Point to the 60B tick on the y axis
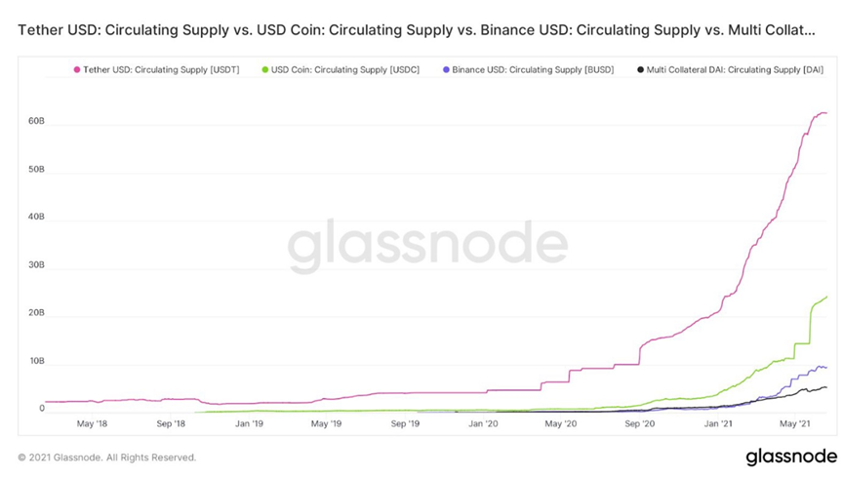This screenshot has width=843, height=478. coord(36,123)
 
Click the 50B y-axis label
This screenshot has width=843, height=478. coord(36,171)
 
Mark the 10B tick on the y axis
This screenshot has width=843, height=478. coord(36,362)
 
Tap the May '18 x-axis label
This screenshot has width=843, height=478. coord(92,424)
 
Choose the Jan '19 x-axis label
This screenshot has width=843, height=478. coord(250,424)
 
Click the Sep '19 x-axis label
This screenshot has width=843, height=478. coord(405,424)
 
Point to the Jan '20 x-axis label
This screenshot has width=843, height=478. coord(483,424)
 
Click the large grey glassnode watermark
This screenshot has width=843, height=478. coord(426,247)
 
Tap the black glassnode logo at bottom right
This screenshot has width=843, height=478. coord(790,457)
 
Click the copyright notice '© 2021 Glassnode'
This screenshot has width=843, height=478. coord(107,457)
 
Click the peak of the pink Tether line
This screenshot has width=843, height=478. coord(821,112)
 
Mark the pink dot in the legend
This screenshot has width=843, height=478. coord(76,69)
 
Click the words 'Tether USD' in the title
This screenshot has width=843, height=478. coord(60,31)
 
